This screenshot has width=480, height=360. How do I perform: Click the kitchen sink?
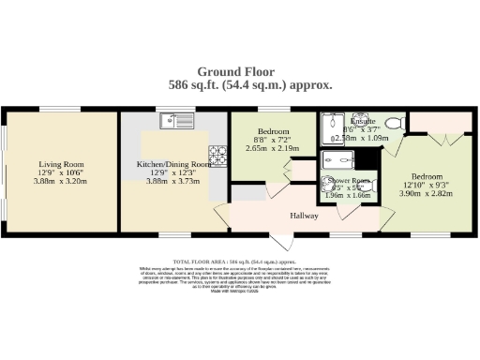(x=176, y=119)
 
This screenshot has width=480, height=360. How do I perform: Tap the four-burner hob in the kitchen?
(x=218, y=151)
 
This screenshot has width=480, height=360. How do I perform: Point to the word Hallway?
(x=306, y=215)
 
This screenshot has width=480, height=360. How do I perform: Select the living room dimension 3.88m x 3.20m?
(x=62, y=182)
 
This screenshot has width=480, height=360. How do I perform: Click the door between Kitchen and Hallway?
(x=221, y=212)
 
